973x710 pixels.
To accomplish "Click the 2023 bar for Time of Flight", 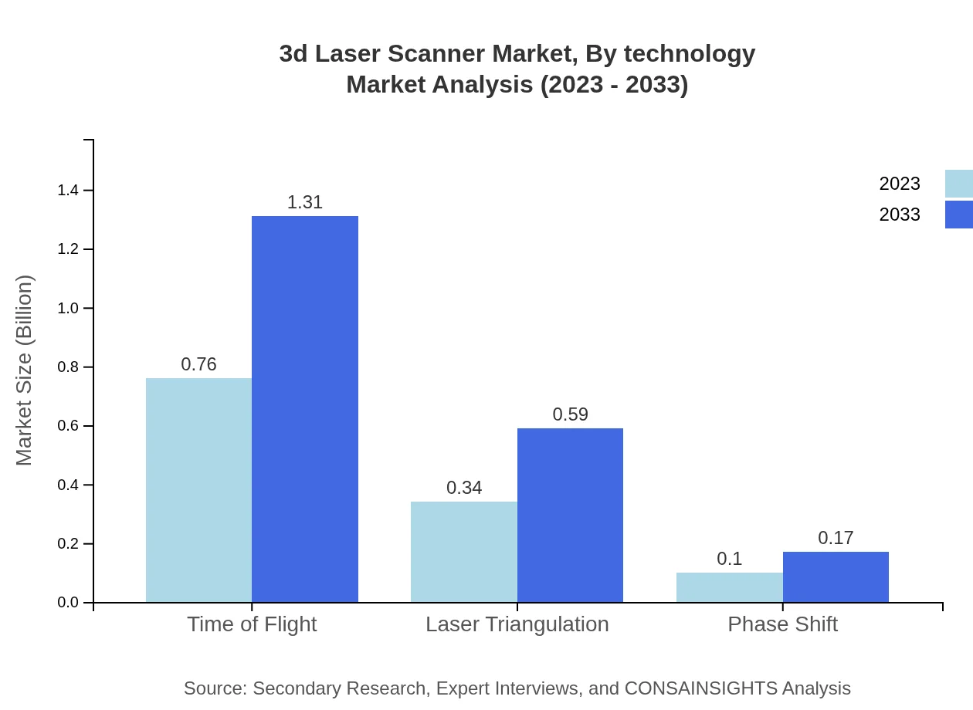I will (x=198, y=490).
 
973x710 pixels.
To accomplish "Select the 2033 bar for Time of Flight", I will (x=305, y=409).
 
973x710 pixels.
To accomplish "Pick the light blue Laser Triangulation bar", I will (x=463, y=552).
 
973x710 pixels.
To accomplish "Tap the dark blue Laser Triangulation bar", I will (x=570, y=516).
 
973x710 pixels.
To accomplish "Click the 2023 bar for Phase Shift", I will (x=729, y=587).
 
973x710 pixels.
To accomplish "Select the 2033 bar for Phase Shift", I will (x=836, y=577).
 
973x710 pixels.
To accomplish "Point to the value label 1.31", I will (x=305, y=202).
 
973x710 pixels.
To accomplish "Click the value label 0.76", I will (x=198, y=364).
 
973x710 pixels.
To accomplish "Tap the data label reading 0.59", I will (x=570, y=414).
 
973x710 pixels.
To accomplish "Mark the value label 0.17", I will (x=836, y=538).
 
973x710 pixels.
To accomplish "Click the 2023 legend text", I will (x=899, y=184).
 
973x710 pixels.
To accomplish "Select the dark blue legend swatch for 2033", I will (x=958, y=215).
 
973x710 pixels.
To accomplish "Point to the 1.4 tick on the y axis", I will (x=68, y=191).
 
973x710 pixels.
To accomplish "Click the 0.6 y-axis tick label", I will (x=68, y=426).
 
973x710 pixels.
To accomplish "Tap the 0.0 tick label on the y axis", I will (x=68, y=603).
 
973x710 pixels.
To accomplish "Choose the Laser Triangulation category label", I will (x=517, y=624).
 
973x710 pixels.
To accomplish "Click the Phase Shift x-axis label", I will (x=782, y=624).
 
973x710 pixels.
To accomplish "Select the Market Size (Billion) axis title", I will (x=24, y=370).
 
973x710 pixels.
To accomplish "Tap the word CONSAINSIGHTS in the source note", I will (x=700, y=688).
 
